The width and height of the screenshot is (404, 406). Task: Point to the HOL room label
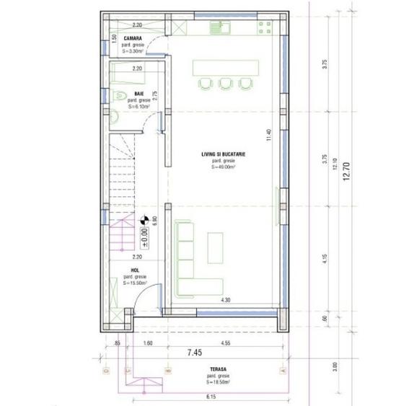coord(127,271)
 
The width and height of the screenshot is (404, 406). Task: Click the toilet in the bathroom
coord(120,95)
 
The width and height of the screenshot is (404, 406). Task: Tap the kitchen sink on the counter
coord(219,28)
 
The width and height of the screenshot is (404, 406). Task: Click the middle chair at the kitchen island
coord(224,84)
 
